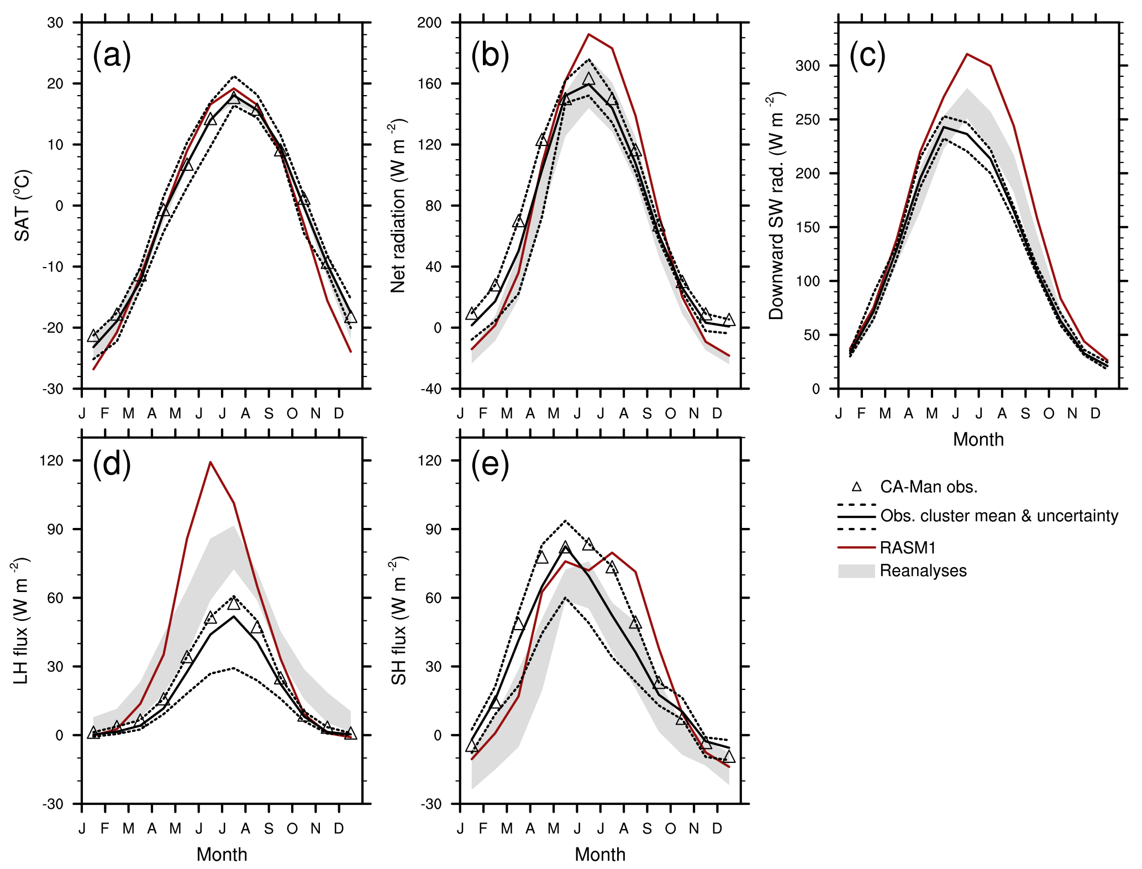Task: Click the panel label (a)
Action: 112,55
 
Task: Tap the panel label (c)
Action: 867,55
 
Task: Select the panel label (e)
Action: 490,464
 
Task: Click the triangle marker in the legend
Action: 856,487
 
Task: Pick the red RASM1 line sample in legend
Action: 856,548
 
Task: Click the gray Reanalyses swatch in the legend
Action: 856,571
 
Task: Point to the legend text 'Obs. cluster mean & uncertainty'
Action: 999,516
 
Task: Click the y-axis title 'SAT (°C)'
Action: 23,206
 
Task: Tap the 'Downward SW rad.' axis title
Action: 777,206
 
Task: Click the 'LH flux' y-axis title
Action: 22,621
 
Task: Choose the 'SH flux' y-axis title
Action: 399,621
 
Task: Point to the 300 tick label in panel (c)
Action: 807,66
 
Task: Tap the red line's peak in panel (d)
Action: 210,462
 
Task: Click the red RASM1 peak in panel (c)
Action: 967,54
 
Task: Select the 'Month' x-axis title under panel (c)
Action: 978,439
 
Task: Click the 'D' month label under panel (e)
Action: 717,829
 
